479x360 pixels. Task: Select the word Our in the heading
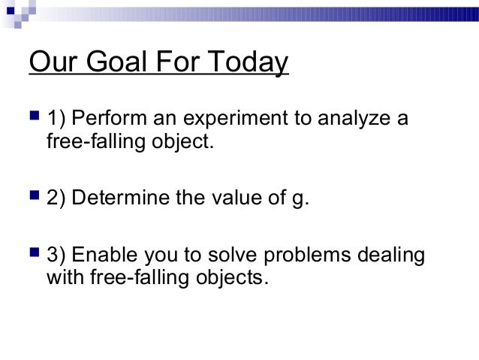(x=52, y=63)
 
